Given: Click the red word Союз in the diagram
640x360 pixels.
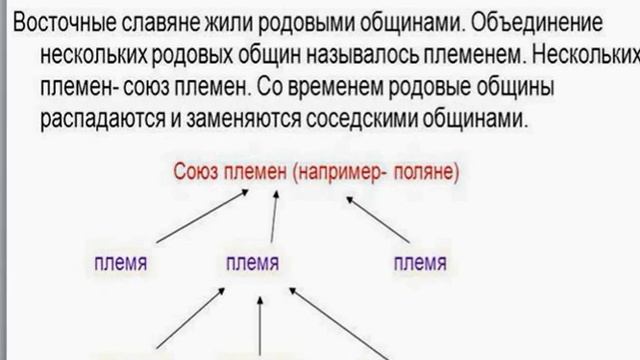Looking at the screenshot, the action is tap(197, 172).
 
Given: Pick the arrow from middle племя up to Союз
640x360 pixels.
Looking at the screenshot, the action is tap(273, 218).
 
